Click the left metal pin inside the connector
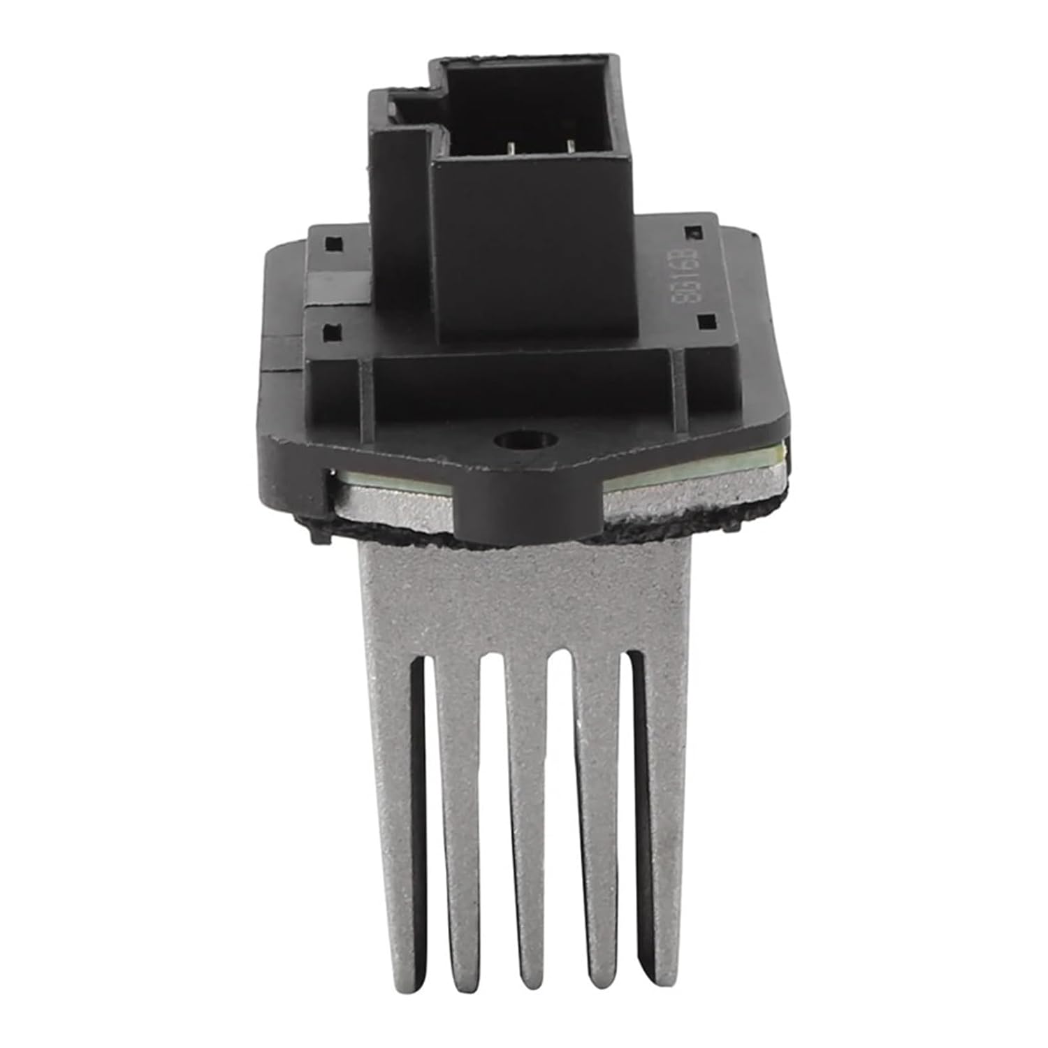pyautogui.click(x=512, y=149)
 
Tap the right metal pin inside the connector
pyautogui.click(x=572, y=147)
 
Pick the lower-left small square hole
pyautogui.click(x=327, y=333)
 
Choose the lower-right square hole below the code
pyautogui.click(x=706, y=321)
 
